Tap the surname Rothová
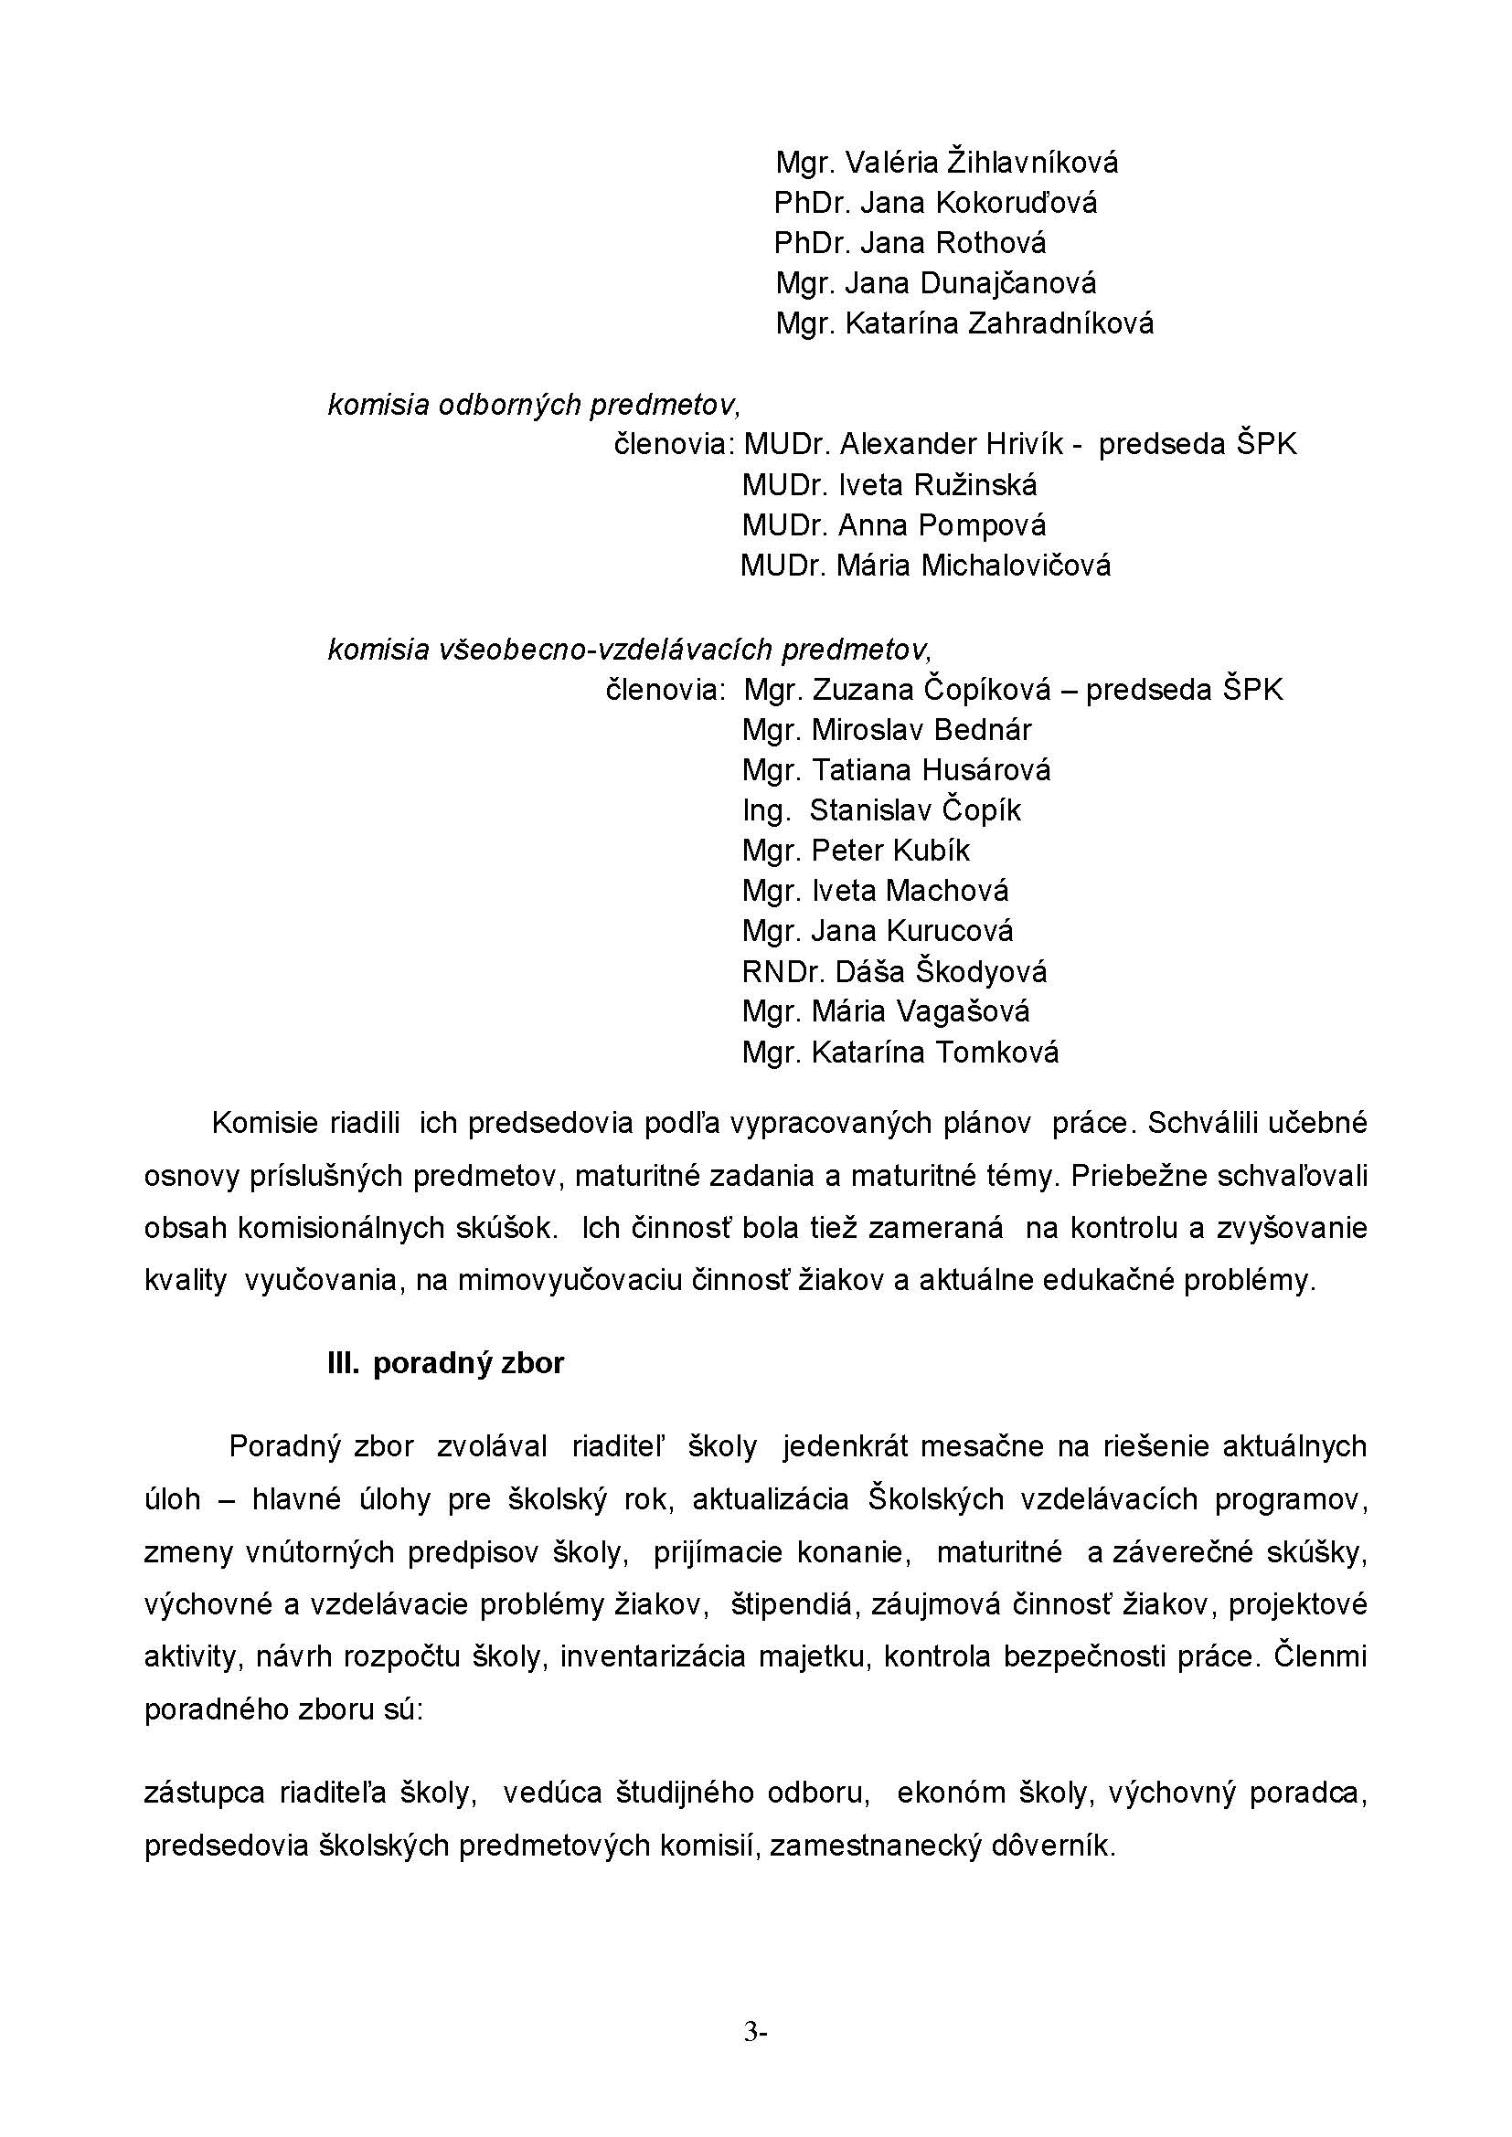point(991,243)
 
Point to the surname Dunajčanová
point(1008,283)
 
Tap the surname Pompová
point(982,526)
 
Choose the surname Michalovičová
point(1016,566)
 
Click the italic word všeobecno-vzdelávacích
point(605,649)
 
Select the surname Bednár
point(982,730)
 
